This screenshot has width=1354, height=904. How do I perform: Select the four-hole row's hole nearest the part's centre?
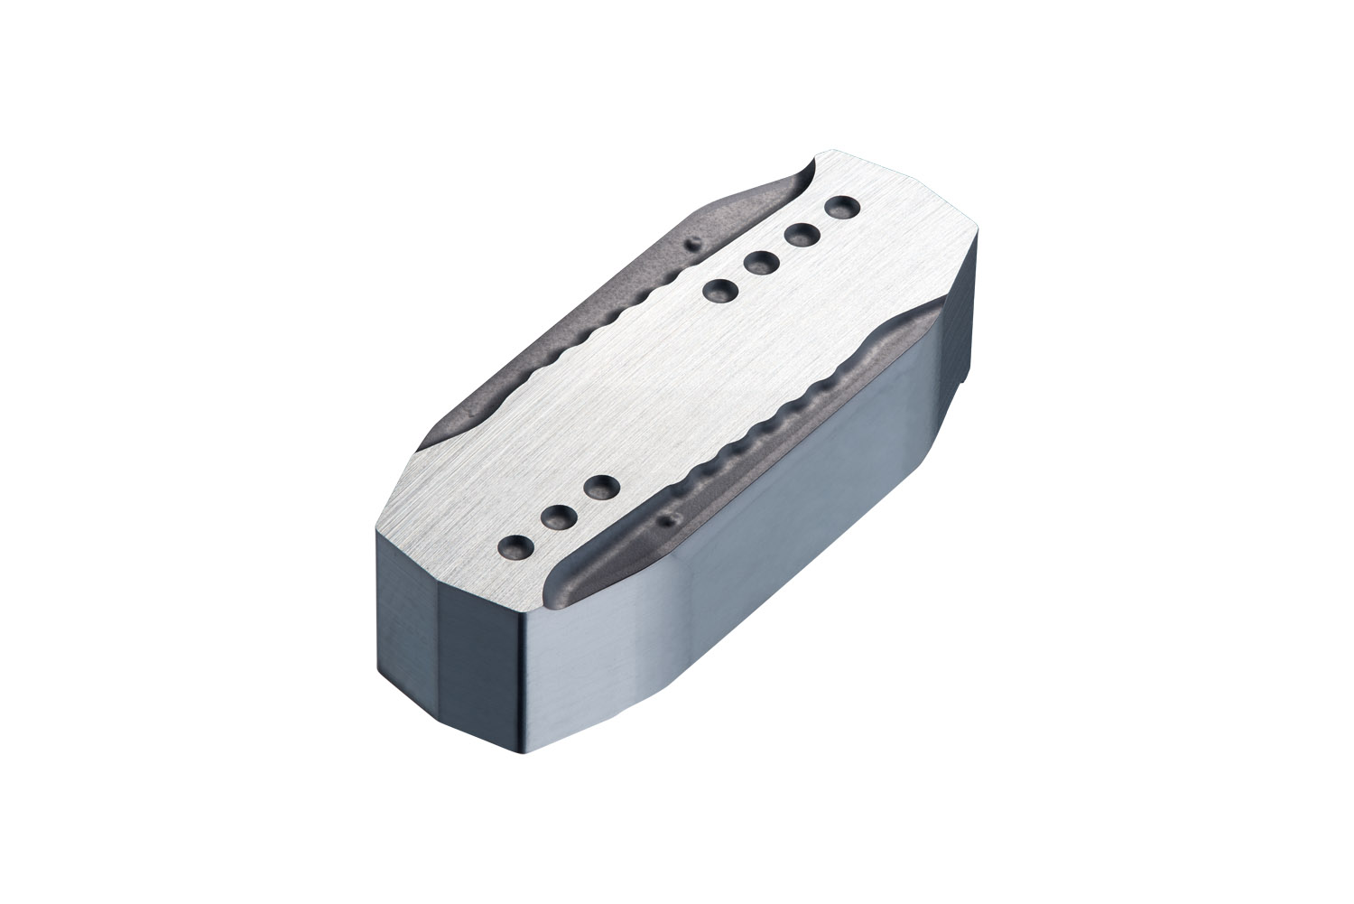pos(719,292)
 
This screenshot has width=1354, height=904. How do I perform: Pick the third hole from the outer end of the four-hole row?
pos(762,264)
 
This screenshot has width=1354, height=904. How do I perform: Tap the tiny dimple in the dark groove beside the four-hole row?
pos(692,244)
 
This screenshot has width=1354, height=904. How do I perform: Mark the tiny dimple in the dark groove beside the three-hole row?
pos(669,520)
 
